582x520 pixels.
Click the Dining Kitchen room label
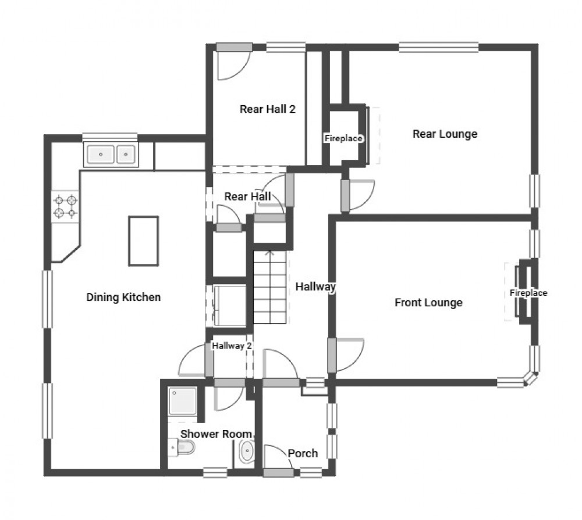click(x=123, y=297)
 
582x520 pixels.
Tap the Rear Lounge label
click(x=445, y=134)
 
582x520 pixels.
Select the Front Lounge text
click(x=428, y=302)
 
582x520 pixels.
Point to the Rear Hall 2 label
click(x=267, y=109)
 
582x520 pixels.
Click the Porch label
click(x=303, y=453)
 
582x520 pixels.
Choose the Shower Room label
click(x=216, y=434)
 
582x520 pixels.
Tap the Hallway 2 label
click(x=232, y=345)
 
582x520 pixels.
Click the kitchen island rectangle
click(x=143, y=240)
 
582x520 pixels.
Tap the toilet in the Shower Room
click(x=183, y=447)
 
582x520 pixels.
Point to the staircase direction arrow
click(x=269, y=253)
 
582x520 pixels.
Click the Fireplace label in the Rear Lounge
click(x=343, y=138)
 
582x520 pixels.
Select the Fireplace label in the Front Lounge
click(x=528, y=293)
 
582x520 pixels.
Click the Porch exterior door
click(x=278, y=472)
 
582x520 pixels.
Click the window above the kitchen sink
click(x=109, y=137)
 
